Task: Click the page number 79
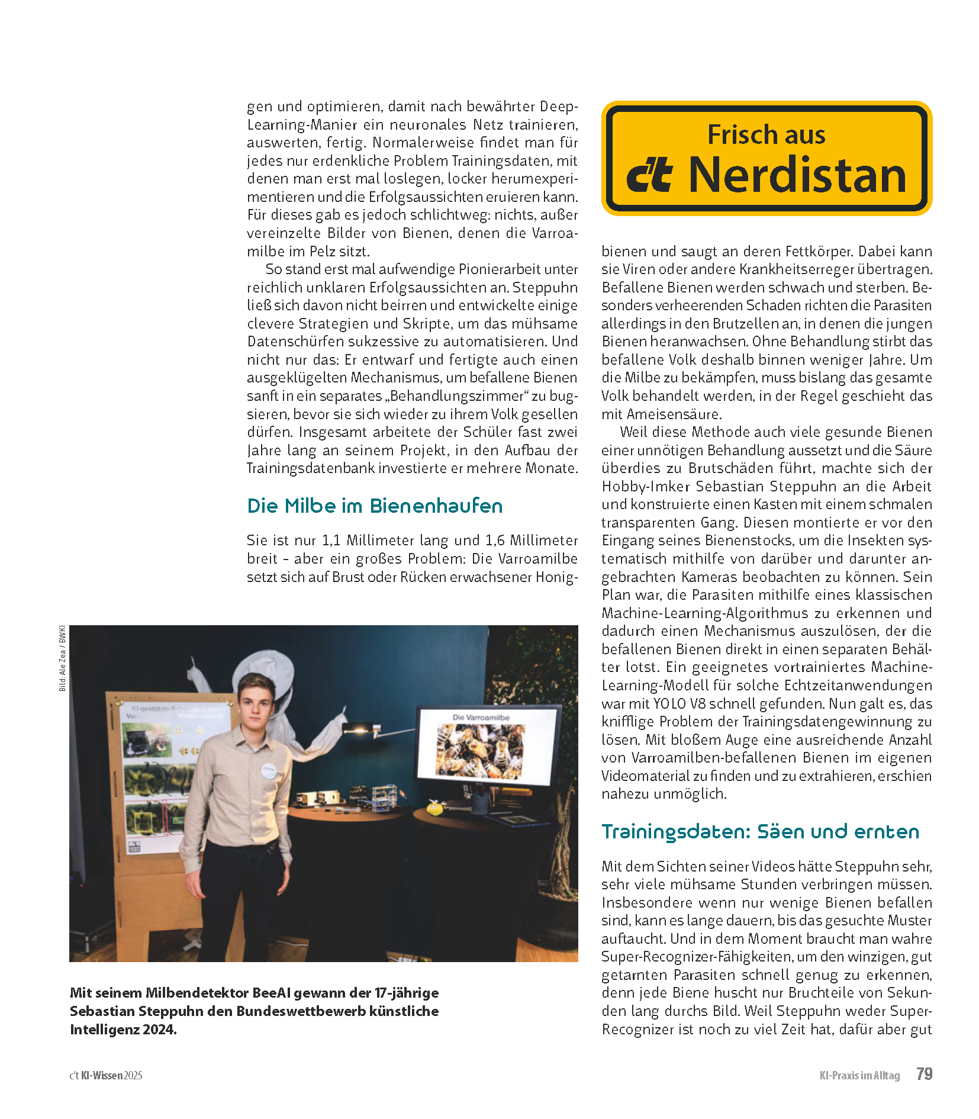pyautogui.click(x=923, y=1074)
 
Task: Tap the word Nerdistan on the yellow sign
pyautogui.click(x=797, y=175)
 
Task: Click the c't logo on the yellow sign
pyautogui.click(x=649, y=175)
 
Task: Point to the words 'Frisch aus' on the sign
pyautogui.click(x=766, y=135)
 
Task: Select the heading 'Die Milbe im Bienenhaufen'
pyautogui.click(x=375, y=506)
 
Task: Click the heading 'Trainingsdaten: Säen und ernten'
pyautogui.click(x=760, y=831)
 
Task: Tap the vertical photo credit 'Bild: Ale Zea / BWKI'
pyautogui.click(x=62, y=658)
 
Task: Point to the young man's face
pyautogui.click(x=256, y=703)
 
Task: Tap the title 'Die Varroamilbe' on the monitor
pyautogui.click(x=481, y=718)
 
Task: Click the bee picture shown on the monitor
pyautogui.click(x=480, y=751)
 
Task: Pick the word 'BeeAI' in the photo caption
pyautogui.click(x=271, y=993)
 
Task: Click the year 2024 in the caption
pyautogui.click(x=159, y=1030)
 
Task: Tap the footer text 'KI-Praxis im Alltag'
pyautogui.click(x=859, y=1075)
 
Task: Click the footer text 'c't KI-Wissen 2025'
pyautogui.click(x=106, y=1075)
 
